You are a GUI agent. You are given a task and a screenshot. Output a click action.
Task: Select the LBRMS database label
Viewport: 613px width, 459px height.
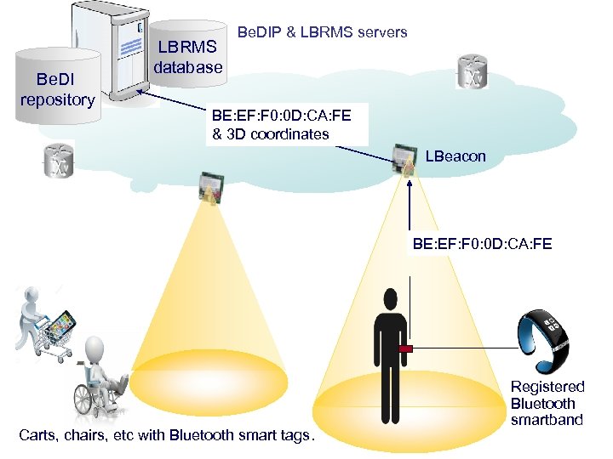coord(188,56)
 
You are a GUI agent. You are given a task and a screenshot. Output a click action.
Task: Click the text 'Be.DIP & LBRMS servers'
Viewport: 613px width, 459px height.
coord(322,32)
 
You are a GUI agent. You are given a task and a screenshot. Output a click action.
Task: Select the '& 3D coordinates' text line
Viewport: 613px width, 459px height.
coord(270,134)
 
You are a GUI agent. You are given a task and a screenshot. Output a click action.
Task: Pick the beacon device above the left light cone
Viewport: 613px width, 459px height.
coord(209,186)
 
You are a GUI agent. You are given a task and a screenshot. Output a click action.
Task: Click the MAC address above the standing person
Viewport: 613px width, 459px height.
coord(483,245)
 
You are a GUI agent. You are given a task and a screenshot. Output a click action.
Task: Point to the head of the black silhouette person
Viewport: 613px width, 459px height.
coord(389,300)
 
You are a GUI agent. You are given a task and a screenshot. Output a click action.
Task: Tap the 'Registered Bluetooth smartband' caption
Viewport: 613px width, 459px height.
coord(547,403)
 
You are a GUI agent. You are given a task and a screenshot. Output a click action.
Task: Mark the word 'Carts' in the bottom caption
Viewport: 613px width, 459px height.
coord(37,436)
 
